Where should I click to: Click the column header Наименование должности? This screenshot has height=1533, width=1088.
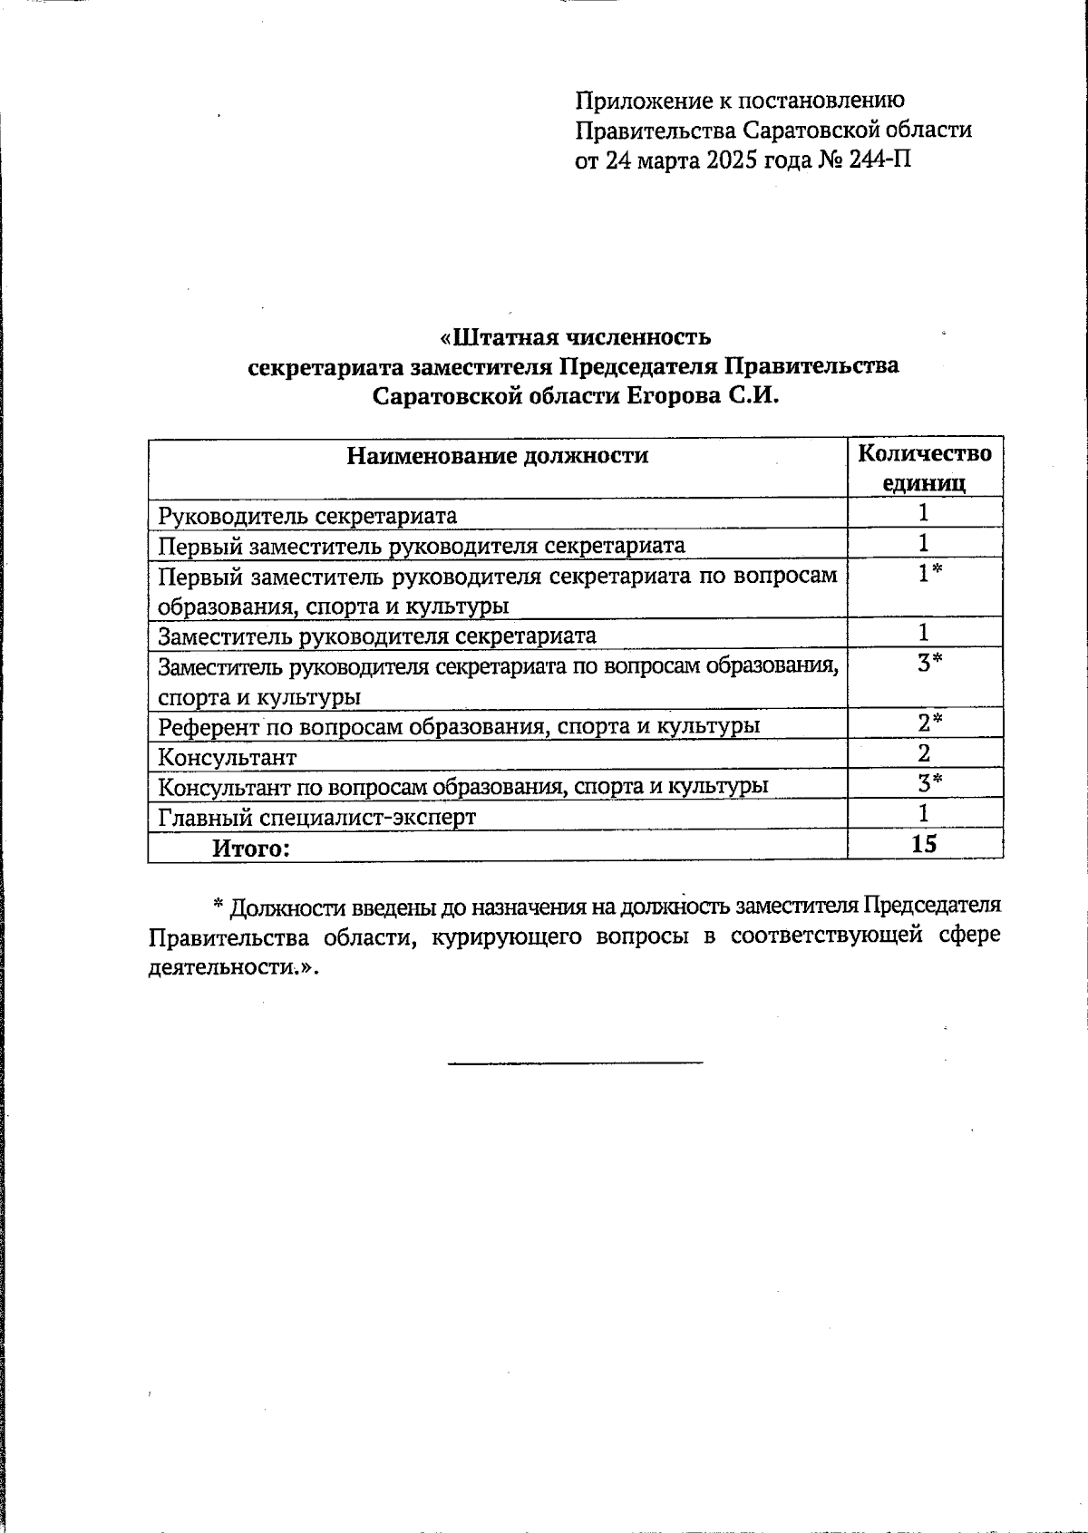pyautogui.click(x=497, y=455)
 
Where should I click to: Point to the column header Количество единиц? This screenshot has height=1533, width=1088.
pyautogui.click(x=924, y=467)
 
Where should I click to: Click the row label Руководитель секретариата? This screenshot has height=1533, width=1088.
pyautogui.click(x=307, y=516)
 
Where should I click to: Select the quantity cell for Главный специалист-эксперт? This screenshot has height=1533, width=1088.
pyautogui.click(x=924, y=812)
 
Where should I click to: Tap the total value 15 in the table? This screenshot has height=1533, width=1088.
pyautogui.click(x=924, y=844)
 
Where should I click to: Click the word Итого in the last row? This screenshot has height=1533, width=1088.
pyautogui.click(x=251, y=849)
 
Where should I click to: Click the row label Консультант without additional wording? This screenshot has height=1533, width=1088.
pyautogui.click(x=227, y=756)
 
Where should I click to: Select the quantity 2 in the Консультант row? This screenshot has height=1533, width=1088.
pyautogui.click(x=924, y=752)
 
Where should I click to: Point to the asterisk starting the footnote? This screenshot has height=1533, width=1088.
pyautogui.click(x=219, y=906)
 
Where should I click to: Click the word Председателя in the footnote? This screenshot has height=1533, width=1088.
pyautogui.click(x=931, y=906)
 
